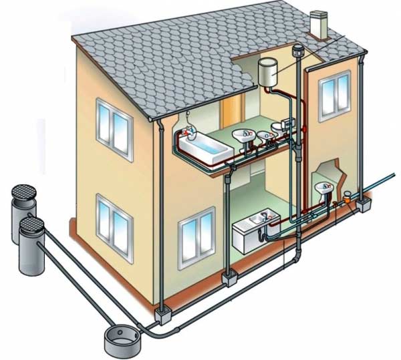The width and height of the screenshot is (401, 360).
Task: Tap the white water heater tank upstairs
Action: pos(269,71)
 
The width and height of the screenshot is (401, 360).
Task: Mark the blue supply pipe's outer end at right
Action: pos(394,176)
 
